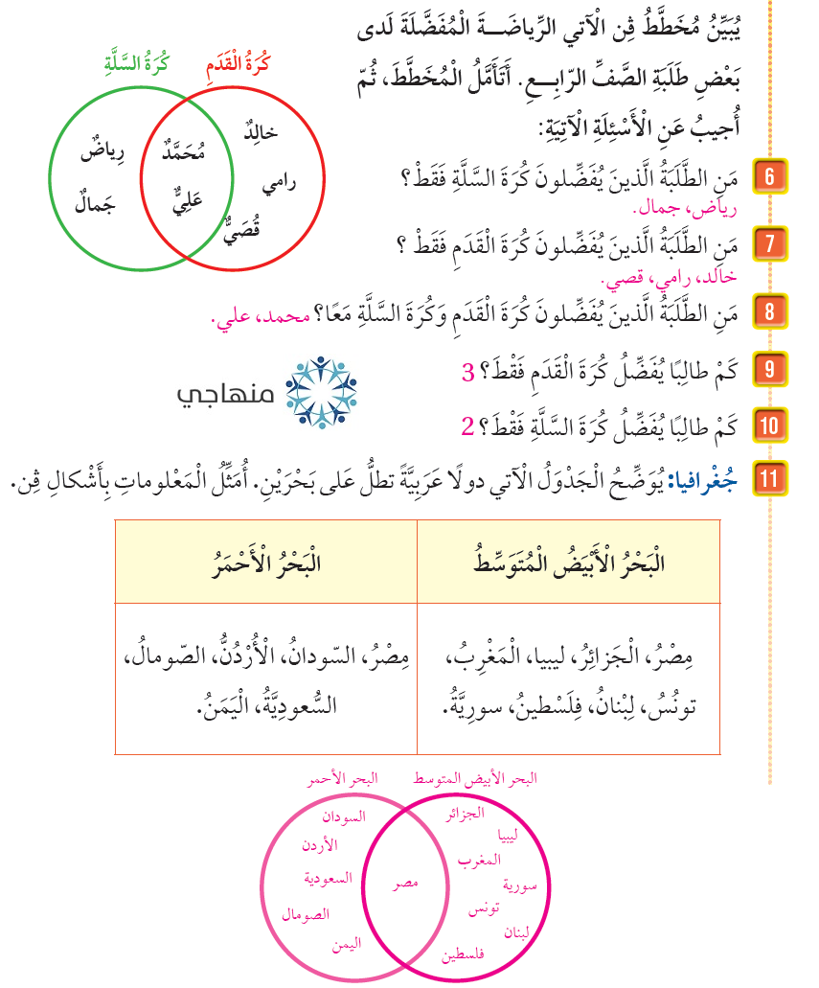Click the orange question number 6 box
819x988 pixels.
pyautogui.click(x=769, y=176)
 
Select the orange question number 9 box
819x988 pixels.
pyautogui.click(x=769, y=369)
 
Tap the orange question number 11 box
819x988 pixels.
pyautogui.click(x=769, y=478)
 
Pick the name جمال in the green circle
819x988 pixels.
pyautogui.click(x=95, y=204)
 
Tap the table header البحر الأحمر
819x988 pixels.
pyautogui.click(x=265, y=563)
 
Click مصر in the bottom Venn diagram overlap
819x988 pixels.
pyautogui.click(x=407, y=883)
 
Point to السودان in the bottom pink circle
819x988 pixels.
pyautogui.click(x=343, y=818)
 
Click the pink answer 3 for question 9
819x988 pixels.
pyautogui.click(x=468, y=372)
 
